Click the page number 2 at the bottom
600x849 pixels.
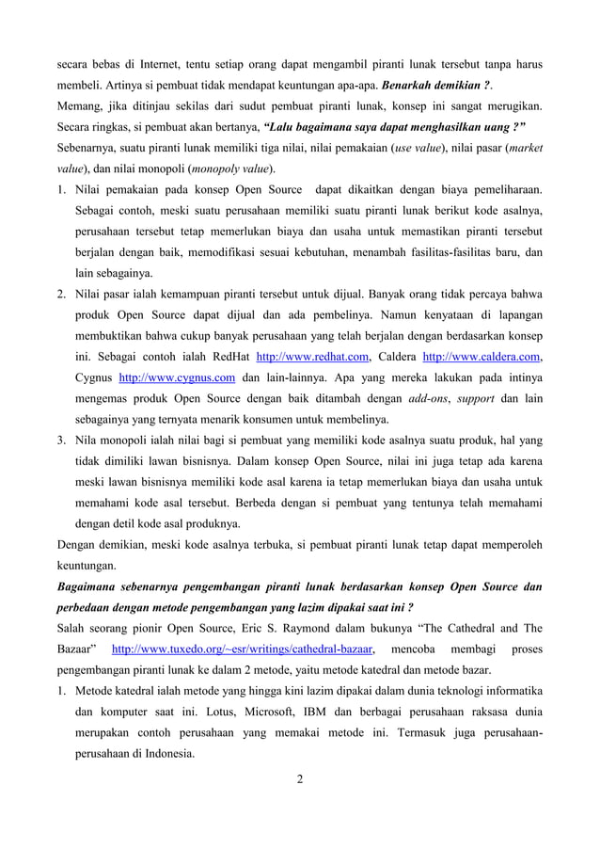[299, 779]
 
